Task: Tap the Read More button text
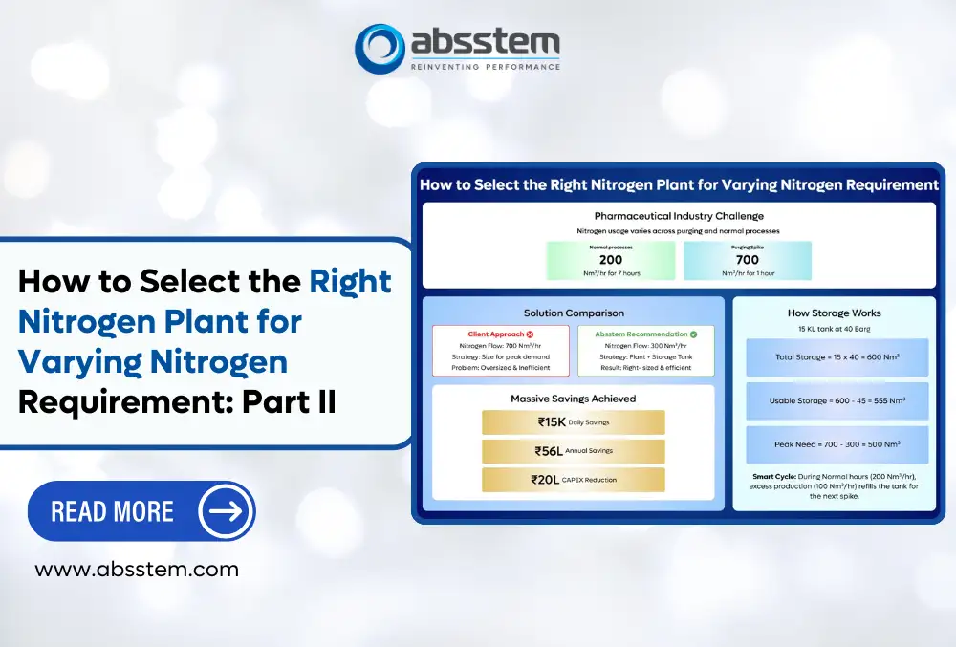pos(113,511)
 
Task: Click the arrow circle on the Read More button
pos(226,511)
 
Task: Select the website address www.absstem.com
pos(137,570)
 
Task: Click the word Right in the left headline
pos(350,281)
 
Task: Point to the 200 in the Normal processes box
pos(610,260)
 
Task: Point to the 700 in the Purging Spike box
pos(747,260)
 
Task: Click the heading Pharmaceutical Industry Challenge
pos(679,216)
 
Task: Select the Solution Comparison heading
pos(574,313)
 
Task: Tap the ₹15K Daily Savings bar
pos(573,422)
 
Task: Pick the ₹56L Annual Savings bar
pos(573,451)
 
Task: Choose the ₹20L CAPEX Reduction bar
pos(573,480)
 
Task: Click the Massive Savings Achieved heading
pos(574,398)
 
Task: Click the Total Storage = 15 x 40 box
pos(836,356)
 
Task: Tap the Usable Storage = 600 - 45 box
pos(836,400)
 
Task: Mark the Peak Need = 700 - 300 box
pos(836,444)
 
